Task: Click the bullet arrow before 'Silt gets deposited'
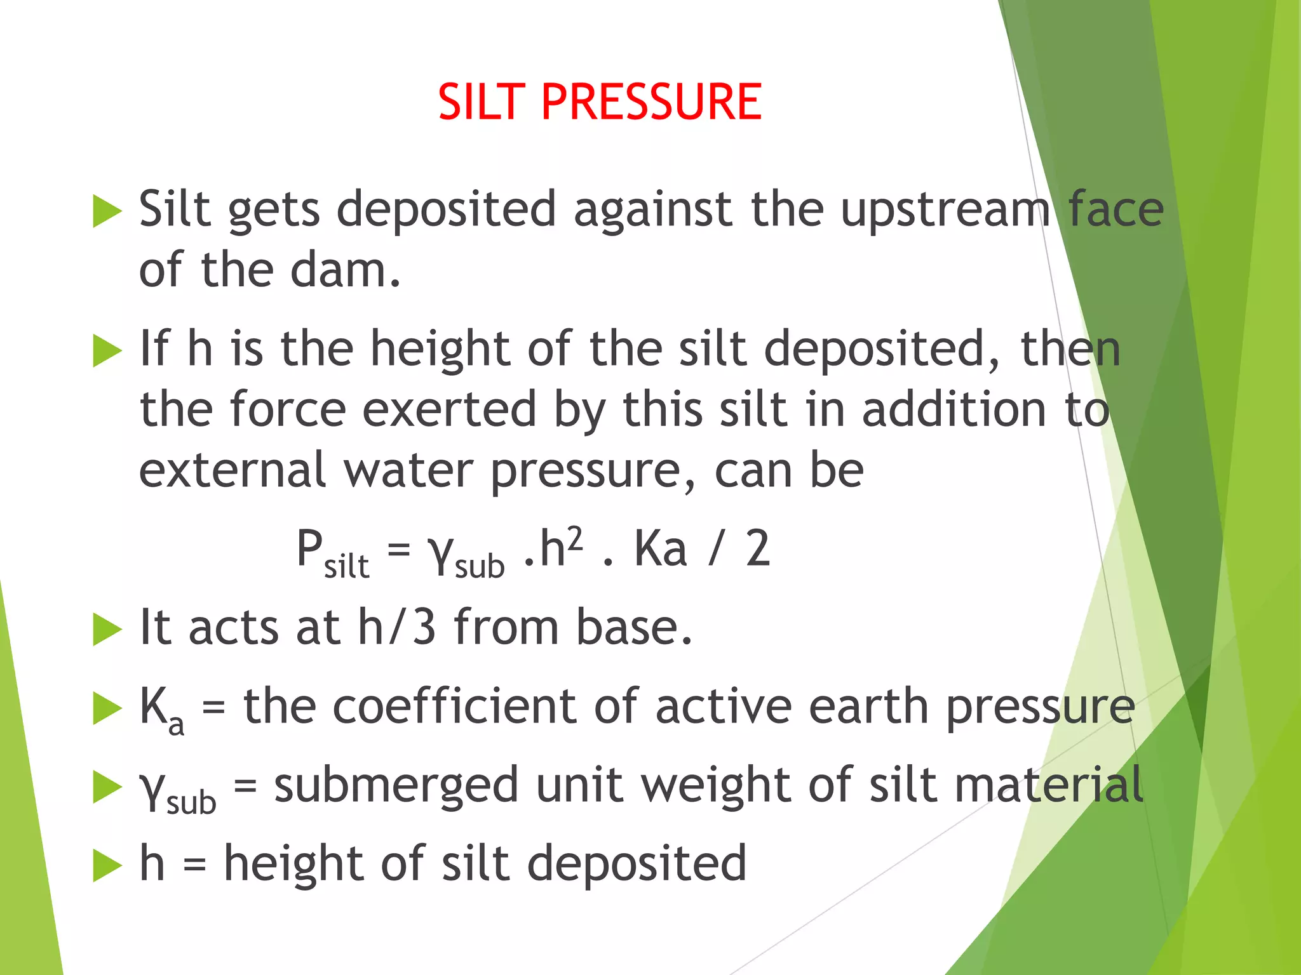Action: coord(107,211)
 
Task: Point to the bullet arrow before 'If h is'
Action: coord(107,350)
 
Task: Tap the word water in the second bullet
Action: coord(408,470)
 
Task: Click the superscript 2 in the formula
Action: coord(574,538)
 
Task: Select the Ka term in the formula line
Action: coord(661,549)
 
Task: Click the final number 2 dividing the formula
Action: coord(757,549)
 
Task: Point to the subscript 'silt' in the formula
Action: coord(346,566)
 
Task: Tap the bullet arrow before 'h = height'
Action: coord(107,865)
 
